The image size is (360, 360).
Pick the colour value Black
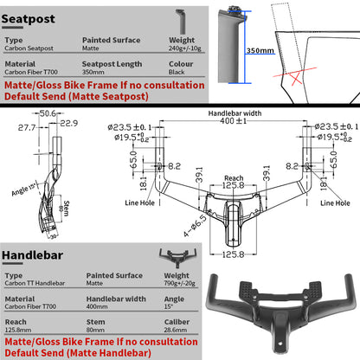pyautogui.click(x=177, y=74)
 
